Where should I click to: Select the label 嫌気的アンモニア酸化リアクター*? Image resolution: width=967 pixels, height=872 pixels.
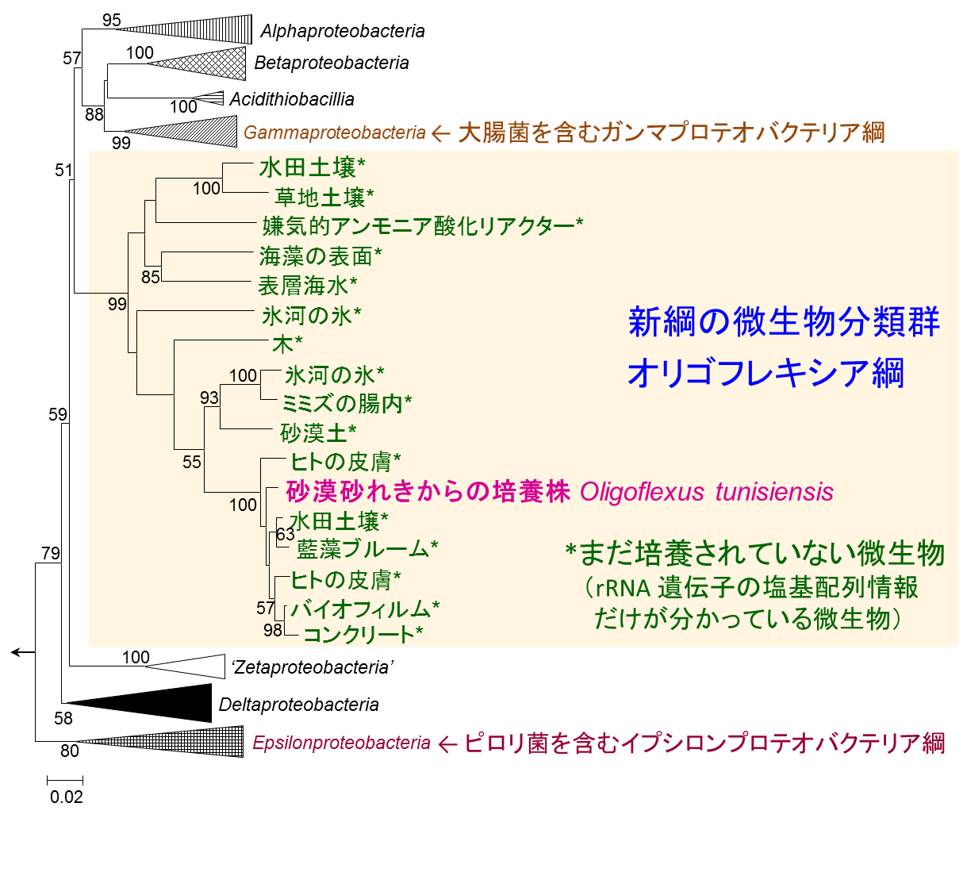pyautogui.click(x=422, y=226)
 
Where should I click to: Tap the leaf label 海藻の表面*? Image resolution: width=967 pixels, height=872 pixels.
pyautogui.click(x=320, y=256)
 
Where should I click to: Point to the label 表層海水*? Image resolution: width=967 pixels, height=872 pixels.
pyautogui.click(x=307, y=286)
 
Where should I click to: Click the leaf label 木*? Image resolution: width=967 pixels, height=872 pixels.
pyautogui.click(x=287, y=345)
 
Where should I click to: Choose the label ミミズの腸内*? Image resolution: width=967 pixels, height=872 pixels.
pyautogui.click(x=347, y=404)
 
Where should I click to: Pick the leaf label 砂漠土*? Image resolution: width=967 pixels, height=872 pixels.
pyautogui.click(x=318, y=433)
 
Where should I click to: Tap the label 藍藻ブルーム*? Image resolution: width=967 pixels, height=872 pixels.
pyautogui.click(x=367, y=549)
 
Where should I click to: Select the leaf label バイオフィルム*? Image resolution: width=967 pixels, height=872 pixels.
pyautogui.click(x=365, y=609)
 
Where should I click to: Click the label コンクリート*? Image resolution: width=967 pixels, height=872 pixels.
pyautogui.click(x=363, y=635)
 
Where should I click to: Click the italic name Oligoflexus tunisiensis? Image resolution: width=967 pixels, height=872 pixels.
pyautogui.click(x=707, y=492)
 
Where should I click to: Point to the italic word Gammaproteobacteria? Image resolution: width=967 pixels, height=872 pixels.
pyautogui.click(x=335, y=133)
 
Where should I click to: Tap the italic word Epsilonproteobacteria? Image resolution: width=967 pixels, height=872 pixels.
pyautogui.click(x=342, y=743)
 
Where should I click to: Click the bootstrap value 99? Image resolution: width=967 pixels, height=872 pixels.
pyautogui.click(x=117, y=304)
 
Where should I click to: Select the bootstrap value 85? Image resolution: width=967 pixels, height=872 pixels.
pyautogui.click(x=151, y=277)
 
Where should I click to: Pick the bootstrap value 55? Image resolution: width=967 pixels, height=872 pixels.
pyautogui.click(x=192, y=462)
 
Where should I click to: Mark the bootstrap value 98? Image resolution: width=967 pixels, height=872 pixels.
pyautogui.click(x=273, y=630)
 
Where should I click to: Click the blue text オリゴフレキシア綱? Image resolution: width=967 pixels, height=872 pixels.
pyautogui.click(x=766, y=374)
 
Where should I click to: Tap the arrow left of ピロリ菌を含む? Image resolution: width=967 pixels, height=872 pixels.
pyautogui.click(x=448, y=744)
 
